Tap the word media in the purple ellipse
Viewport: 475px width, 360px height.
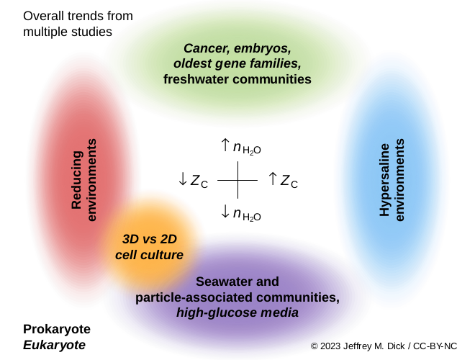click(281, 312)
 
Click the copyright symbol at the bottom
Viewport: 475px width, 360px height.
click(315, 346)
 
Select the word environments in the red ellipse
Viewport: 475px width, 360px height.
click(91, 180)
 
